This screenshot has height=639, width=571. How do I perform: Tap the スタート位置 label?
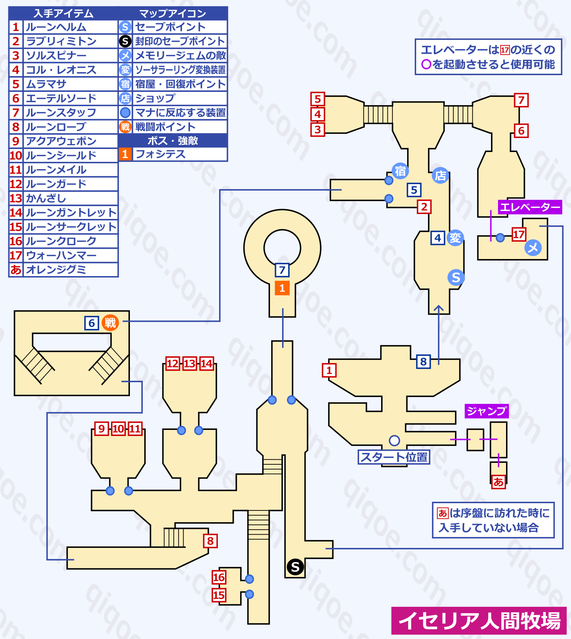[394, 457]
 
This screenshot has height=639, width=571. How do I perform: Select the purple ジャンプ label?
[486, 411]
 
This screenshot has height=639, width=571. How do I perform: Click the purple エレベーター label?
[529, 207]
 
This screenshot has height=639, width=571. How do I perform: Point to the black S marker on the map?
[295, 567]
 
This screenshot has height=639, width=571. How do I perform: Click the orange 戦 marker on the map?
[110, 323]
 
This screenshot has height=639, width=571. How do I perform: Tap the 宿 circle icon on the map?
[400, 171]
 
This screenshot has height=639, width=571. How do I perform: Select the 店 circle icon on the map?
[440, 175]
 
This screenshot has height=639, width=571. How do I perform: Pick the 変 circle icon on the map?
[455, 238]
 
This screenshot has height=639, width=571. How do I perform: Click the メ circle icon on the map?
[533, 248]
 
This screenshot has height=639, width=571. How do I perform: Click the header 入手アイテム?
[63, 14]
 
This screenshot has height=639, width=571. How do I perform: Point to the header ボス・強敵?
[173, 141]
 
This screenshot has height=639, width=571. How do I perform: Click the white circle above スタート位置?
[394, 440]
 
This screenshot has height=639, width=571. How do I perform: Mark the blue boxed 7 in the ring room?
[282, 270]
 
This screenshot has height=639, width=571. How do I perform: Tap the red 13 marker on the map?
[190, 364]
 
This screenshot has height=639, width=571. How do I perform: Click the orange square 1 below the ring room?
[282, 288]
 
